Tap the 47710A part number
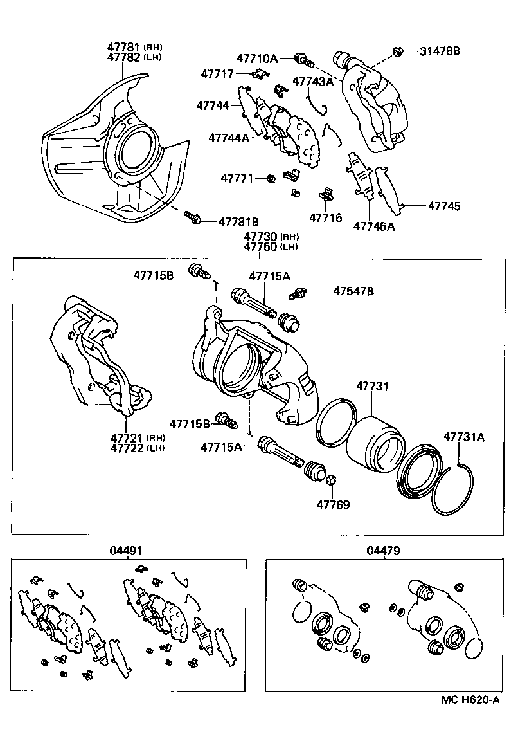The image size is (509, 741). tap(257, 59)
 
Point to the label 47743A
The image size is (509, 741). tap(313, 81)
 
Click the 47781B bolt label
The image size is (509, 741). tap(238, 221)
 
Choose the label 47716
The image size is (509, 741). tap(326, 218)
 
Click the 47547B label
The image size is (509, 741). tap(353, 291)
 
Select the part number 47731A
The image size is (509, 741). tap(463, 437)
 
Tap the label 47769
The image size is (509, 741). tap(332, 505)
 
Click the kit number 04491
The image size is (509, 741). tap(126, 551)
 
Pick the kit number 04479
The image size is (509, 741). tap(383, 551)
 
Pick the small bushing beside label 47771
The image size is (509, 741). tap(271, 178)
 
